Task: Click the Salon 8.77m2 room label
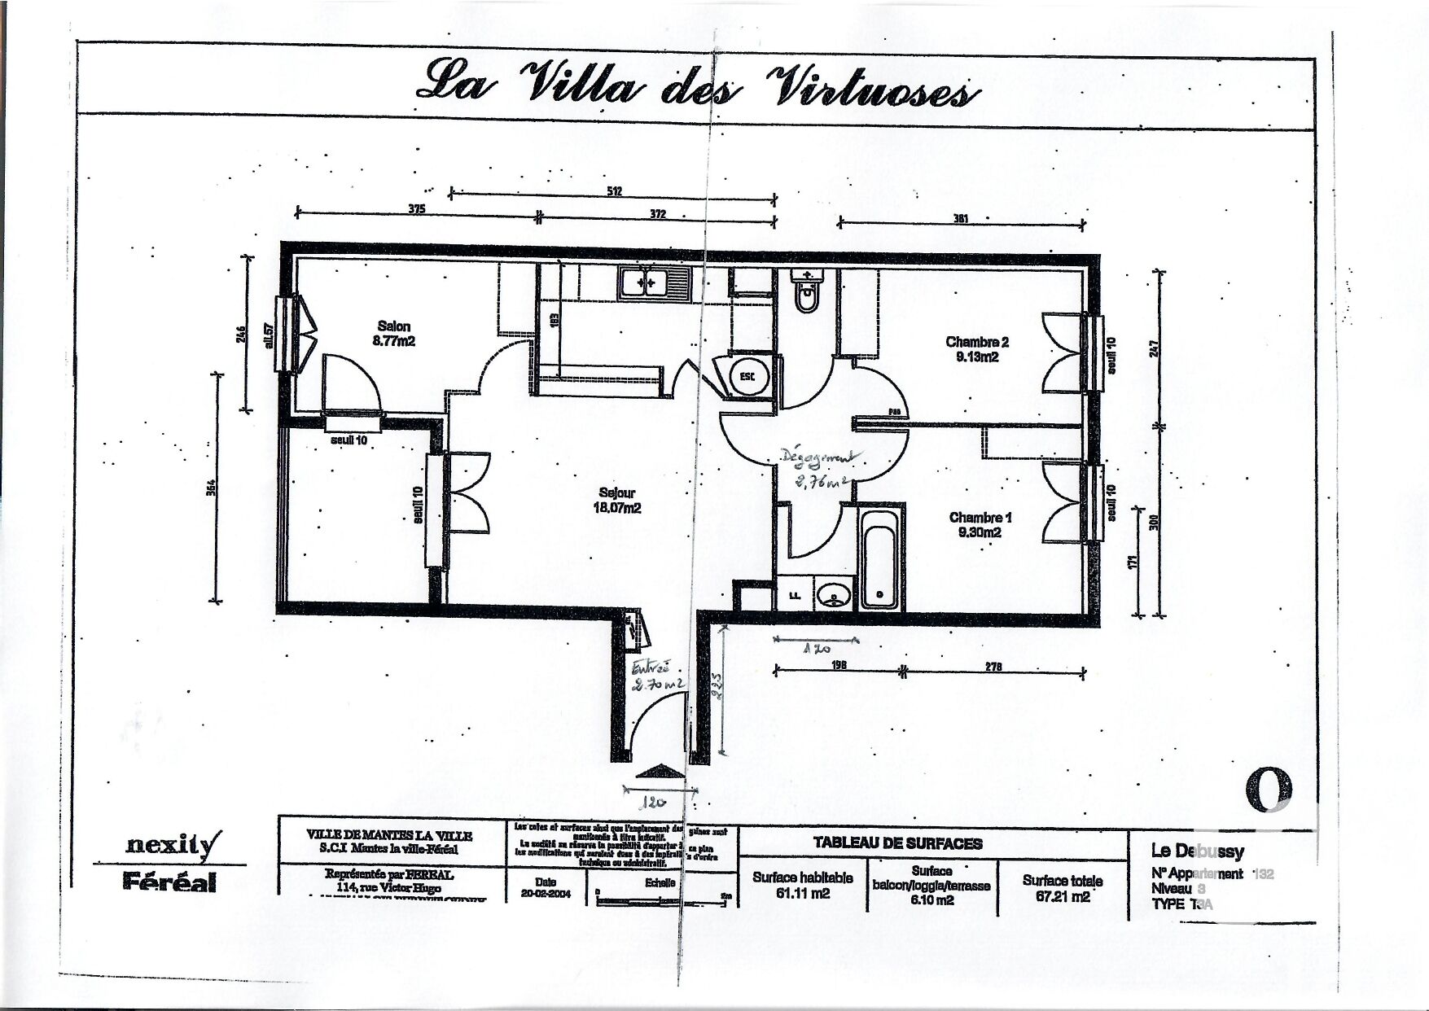point(394,334)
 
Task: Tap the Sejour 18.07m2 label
point(616,500)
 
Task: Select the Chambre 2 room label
point(977,349)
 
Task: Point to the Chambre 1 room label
point(980,525)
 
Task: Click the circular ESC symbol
point(747,376)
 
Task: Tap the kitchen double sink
point(653,283)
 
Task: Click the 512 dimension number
point(614,191)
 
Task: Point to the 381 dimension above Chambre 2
point(961,217)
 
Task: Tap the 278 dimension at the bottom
point(993,666)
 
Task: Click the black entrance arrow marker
point(660,771)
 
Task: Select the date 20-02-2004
point(546,894)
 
